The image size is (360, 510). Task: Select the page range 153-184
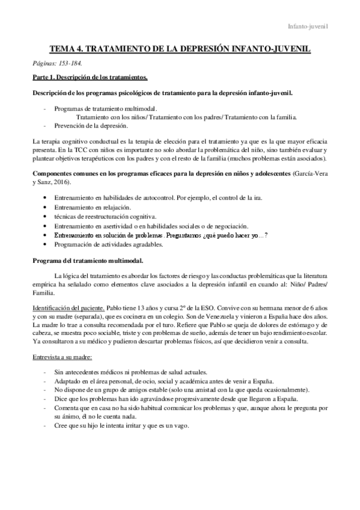point(70,63)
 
